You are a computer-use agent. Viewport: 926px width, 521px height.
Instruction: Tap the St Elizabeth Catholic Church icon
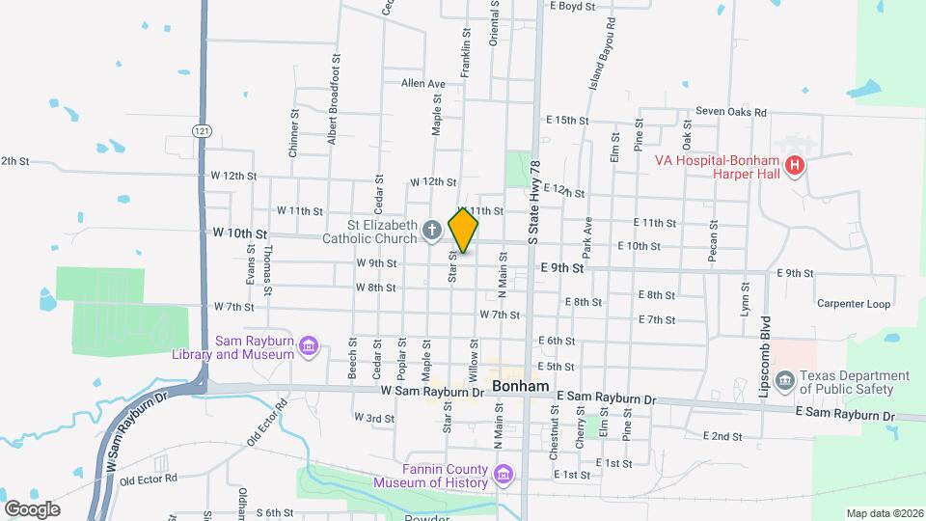tap(432, 231)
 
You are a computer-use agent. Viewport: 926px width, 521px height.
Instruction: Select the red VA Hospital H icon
tap(794, 166)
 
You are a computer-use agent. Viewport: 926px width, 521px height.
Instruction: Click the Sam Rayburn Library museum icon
tap(308, 346)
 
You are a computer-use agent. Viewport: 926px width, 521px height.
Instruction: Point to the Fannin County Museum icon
tap(502, 474)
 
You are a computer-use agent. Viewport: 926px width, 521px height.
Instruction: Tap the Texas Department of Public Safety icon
tap(784, 381)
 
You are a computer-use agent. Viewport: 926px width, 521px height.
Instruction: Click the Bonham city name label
tap(521, 386)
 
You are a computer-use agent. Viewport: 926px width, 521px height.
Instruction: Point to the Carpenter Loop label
tap(854, 304)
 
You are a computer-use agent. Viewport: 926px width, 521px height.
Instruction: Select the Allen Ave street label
tap(423, 84)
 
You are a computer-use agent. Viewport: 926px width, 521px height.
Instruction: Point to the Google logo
tap(32, 508)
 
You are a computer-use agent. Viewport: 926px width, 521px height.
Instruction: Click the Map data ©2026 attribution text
tap(884, 513)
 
